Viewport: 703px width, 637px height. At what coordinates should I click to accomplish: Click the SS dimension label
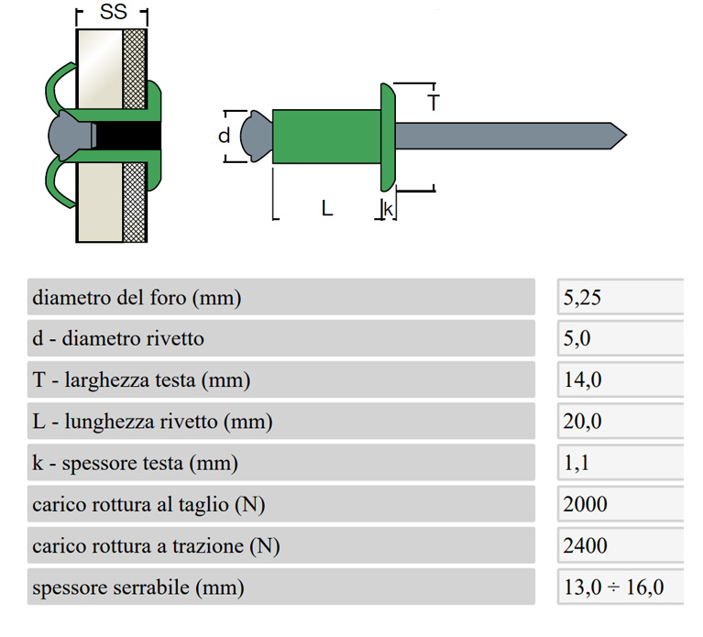point(114,12)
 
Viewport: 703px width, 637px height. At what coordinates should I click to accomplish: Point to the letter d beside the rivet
point(225,136)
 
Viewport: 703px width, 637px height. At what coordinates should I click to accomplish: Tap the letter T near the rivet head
point(434,103)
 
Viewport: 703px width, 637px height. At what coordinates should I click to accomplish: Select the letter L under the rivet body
point(327,208)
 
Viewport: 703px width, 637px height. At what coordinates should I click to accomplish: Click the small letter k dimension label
point(389,209)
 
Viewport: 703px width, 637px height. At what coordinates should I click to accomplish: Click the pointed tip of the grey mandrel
point(626,135)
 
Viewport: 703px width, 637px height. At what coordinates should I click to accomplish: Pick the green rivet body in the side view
point(326,137)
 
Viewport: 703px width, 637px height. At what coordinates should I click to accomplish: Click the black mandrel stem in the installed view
point(128,136)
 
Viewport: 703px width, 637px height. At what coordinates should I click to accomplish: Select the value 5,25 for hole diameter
point(582,298)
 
